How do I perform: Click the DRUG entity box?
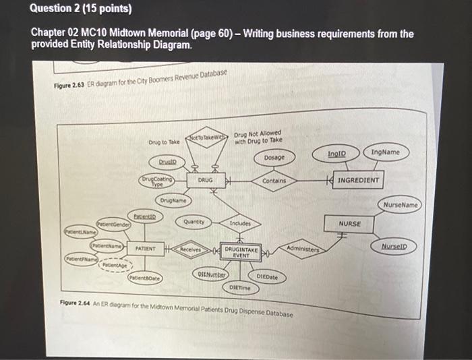[206, 181]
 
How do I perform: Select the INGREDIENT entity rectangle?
[358, 181]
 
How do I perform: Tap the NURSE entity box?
[350, 223]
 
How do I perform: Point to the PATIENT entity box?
[146, 248]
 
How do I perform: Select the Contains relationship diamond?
[275, 181]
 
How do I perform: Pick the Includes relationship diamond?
[240, 223]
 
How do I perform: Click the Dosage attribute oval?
[274, 157]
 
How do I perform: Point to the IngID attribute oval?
[337, 154]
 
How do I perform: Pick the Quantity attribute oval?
[194, 221]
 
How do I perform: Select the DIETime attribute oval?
[239, 288]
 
